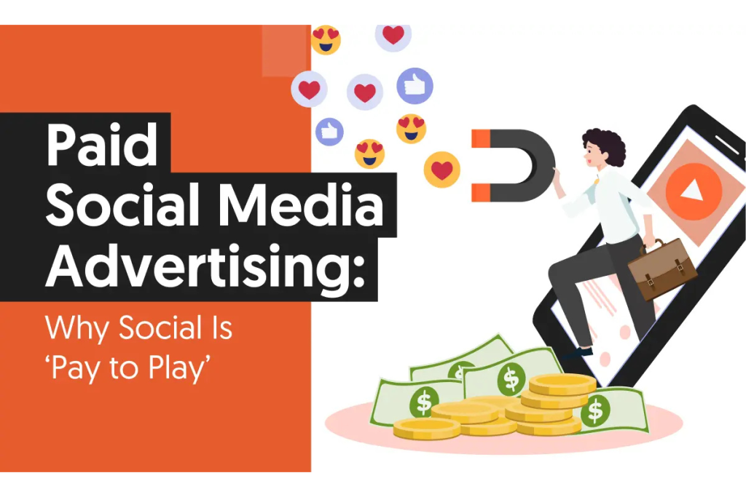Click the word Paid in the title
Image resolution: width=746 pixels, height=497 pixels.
101,145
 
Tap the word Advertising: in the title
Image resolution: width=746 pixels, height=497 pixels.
205,267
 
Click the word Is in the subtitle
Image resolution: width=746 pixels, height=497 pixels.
220,328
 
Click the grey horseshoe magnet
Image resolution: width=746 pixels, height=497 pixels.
514,165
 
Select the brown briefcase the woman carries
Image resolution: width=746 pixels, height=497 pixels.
662,269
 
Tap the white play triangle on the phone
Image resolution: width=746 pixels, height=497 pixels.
692,191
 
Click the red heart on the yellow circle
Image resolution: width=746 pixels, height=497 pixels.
442,170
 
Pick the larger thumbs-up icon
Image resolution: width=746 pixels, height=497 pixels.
415,86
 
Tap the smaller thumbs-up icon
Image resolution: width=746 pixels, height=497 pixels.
329,132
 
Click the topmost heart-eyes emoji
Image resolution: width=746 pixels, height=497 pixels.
326,39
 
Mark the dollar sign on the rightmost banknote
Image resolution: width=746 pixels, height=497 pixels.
595,410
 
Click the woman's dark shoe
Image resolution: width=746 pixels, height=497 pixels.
579,353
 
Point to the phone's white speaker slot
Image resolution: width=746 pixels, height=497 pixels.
727,145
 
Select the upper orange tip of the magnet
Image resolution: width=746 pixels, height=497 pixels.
481,138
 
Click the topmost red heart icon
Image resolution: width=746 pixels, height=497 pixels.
393,35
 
